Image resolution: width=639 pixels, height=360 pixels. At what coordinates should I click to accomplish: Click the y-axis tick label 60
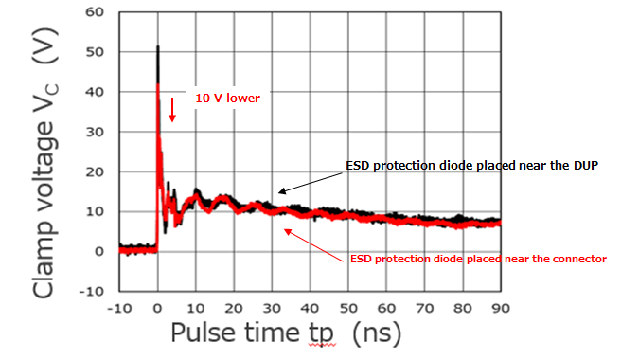point(94,12)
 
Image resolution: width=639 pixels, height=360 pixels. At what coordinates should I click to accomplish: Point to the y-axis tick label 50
point(94,52)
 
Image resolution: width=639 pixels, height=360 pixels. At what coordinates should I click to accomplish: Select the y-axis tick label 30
point(94,132)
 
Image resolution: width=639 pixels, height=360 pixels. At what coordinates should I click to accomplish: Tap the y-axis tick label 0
point(98,251)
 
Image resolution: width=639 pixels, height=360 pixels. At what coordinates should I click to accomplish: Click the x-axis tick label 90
point(500,309)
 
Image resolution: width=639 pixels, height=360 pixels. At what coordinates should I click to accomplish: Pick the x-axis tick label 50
point(348,309)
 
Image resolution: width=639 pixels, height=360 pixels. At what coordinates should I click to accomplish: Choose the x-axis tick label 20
point(233,309)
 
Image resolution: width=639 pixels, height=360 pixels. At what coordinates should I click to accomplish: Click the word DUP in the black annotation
point(584,166)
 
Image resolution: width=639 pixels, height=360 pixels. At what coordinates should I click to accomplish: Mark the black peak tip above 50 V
point(157,46)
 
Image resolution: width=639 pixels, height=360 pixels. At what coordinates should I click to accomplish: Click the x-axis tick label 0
point(157,309)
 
